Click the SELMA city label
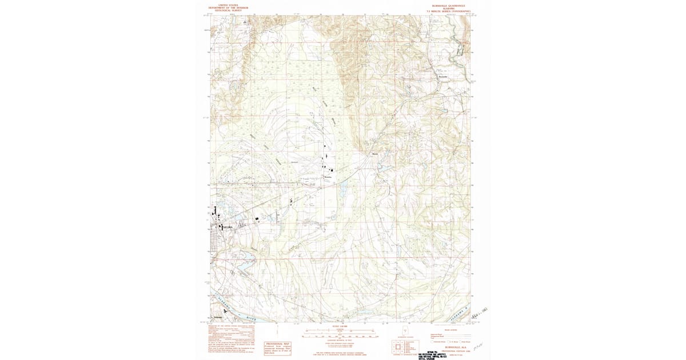228,227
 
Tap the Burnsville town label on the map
442,77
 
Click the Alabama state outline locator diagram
405,331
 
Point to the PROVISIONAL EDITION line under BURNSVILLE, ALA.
449,350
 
